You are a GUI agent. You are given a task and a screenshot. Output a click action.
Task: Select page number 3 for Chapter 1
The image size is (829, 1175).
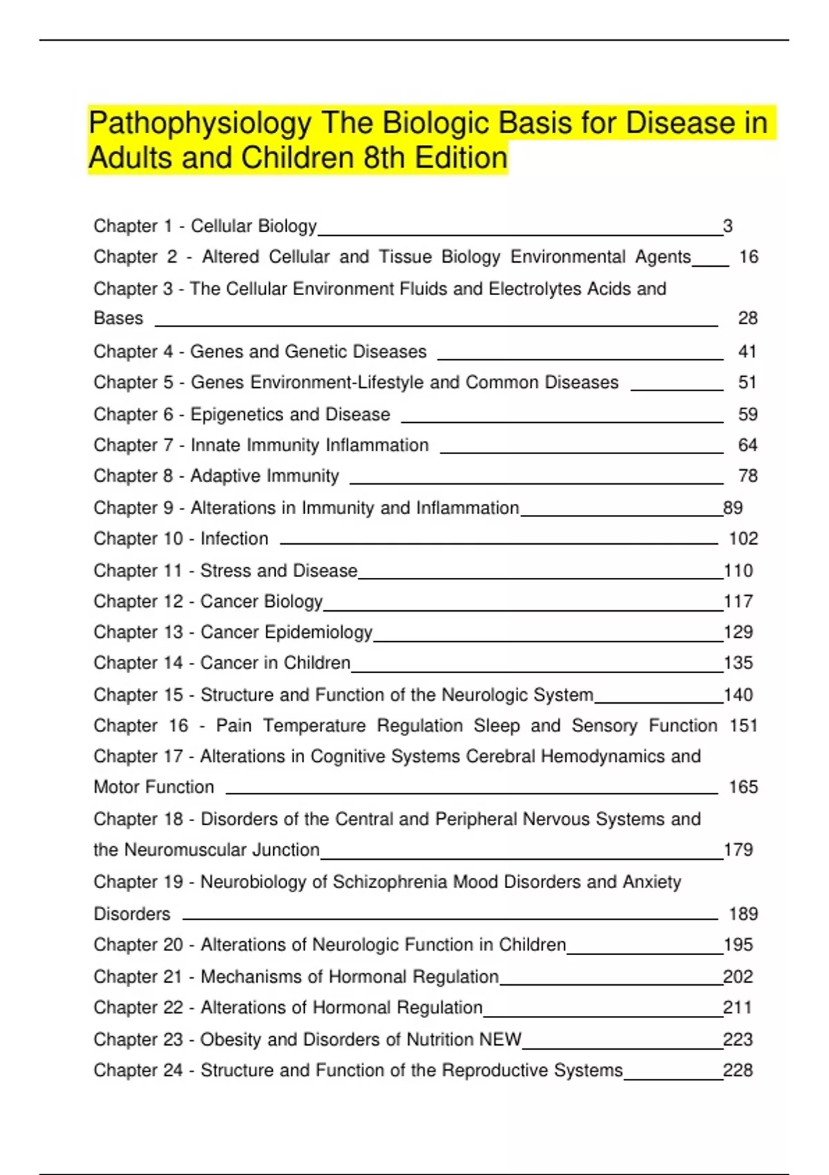click(727, 226)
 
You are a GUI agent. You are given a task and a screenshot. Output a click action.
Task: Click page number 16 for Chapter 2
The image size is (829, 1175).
click(748, 257)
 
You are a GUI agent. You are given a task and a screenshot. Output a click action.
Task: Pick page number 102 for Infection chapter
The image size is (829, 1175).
click(743, 538)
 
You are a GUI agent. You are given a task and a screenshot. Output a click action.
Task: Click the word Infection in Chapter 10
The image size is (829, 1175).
click(234, 538)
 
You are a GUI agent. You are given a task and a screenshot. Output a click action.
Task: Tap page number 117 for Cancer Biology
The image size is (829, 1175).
click(738, 601)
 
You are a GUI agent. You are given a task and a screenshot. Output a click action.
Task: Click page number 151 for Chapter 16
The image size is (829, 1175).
click(743, 726)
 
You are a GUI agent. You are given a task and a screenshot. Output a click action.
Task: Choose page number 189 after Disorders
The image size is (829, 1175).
click(743, 914)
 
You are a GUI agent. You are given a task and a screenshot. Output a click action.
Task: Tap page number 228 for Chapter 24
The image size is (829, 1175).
click(738, 1071)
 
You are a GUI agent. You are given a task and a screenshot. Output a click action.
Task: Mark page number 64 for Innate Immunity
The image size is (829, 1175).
click(747, 445)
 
